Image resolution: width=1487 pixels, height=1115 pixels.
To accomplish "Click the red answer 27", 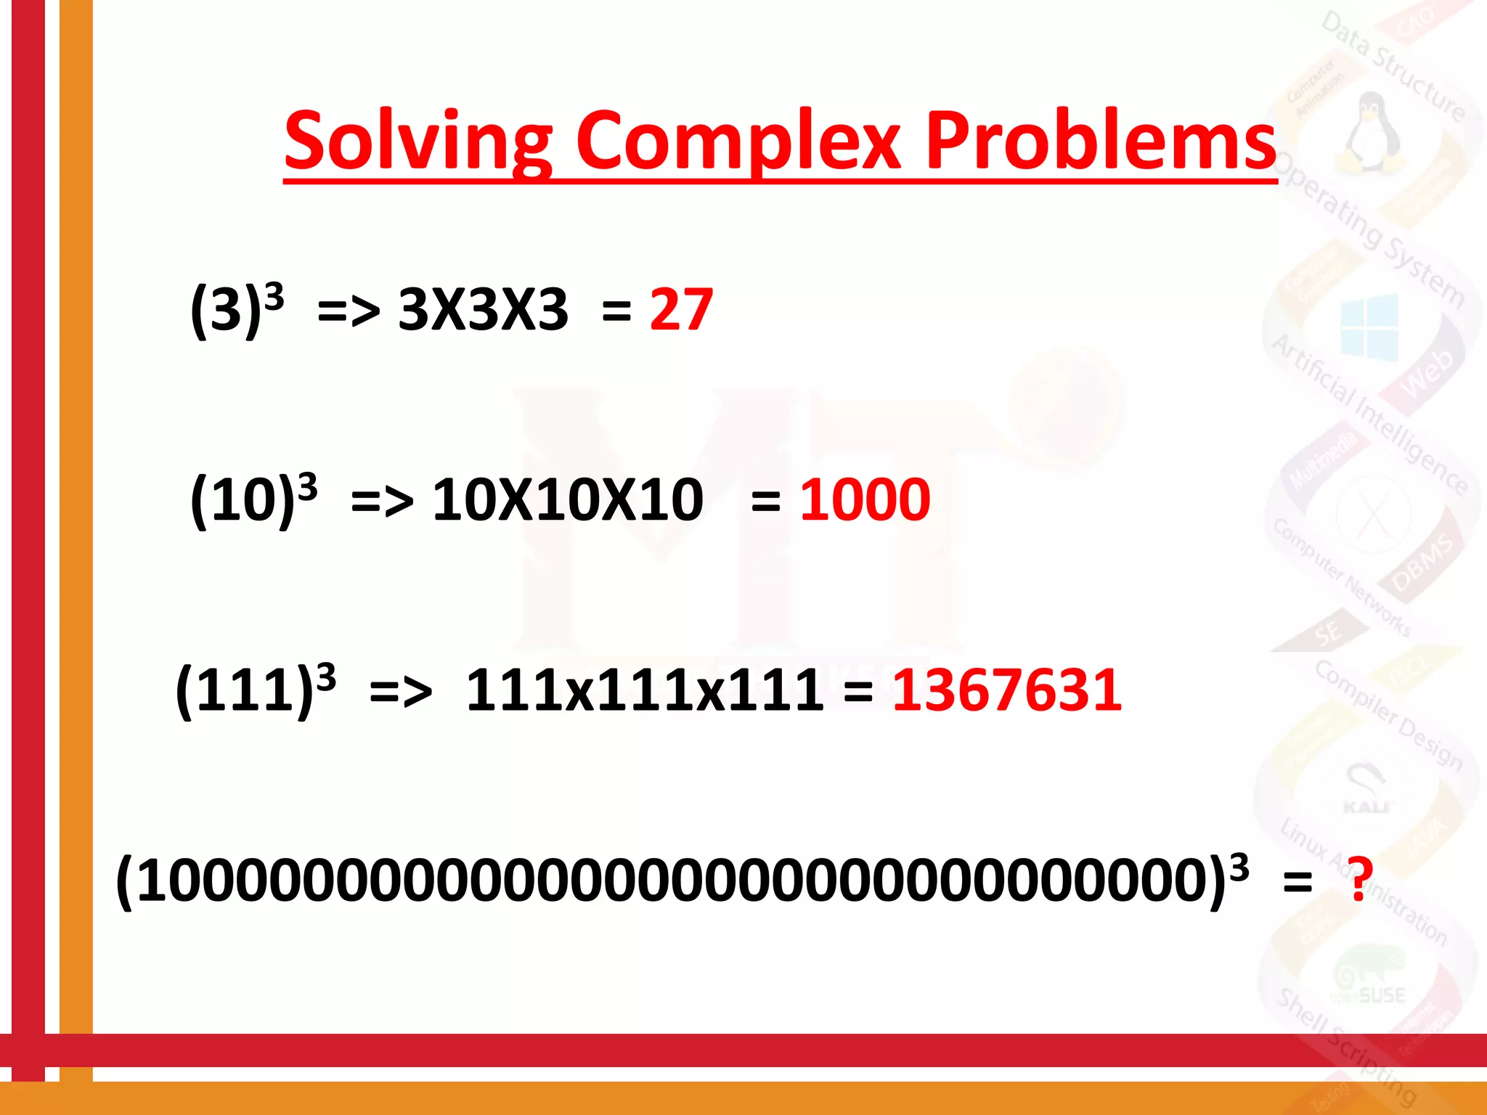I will click(x=681, y=310).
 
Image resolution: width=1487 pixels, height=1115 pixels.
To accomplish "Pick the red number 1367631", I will click(x=1006, y=690).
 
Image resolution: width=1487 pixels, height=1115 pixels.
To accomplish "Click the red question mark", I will click(x=1359, y=878).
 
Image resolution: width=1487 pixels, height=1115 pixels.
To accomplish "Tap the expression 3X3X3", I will click(x=483, y=310).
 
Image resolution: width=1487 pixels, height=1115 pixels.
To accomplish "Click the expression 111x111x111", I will click(x=645, y=690).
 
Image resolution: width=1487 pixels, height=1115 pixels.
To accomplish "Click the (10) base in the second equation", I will click(x=243, y=501).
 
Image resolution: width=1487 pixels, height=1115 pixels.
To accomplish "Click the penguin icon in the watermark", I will click(x=1369, y=131).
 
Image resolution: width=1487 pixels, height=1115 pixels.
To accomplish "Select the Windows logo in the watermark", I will click(x=1369, y=327).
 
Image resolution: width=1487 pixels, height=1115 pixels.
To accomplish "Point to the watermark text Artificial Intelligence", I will click(x=1369, y=414).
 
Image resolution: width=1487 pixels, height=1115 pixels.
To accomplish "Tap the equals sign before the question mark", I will click(x=1297, y=883).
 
